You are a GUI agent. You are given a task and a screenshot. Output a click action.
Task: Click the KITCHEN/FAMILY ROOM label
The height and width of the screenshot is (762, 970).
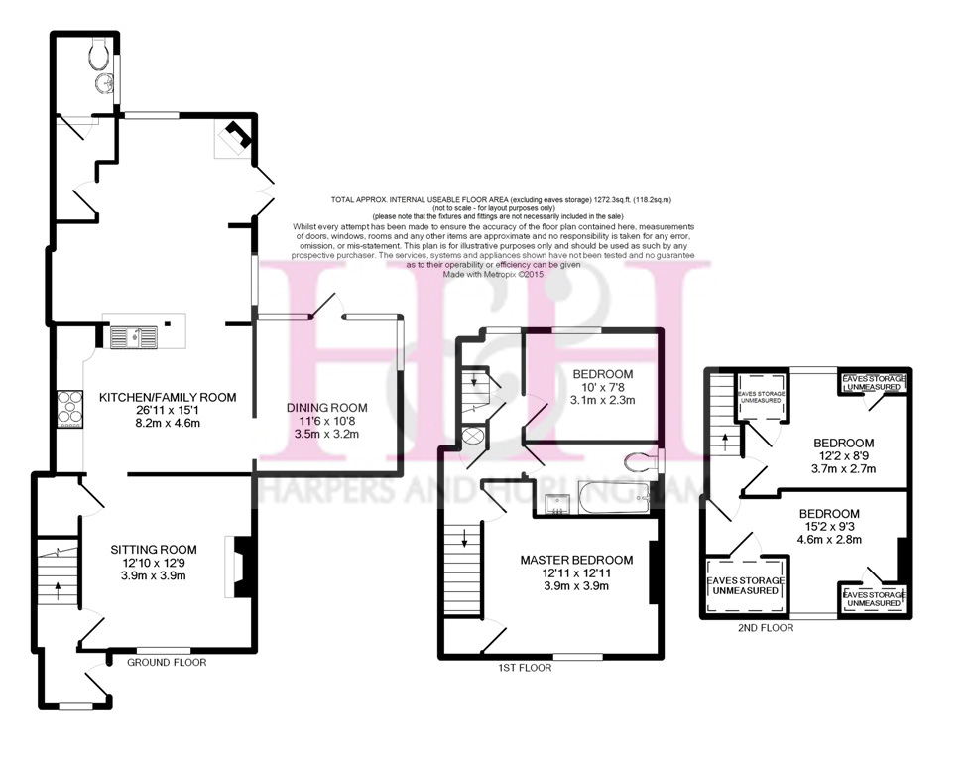[x=168, y=397]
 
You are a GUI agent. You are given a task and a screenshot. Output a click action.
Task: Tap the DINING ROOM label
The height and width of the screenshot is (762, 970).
[x=327, y=407]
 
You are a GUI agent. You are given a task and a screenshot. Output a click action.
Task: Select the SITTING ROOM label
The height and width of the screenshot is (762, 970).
[x=153, y=549]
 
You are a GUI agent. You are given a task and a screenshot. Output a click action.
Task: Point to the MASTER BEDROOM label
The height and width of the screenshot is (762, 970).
[x=576, y=560]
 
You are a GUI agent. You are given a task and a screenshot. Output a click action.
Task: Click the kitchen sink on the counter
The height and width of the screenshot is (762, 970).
[x=134, y=338]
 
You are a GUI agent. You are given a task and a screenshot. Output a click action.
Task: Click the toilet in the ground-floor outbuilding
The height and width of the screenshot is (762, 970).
[x=100, y=52]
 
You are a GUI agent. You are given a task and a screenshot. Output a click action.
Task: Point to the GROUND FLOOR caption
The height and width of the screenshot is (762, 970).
[x=167, y=662]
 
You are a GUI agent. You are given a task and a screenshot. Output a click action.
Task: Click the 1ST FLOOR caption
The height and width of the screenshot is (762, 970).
[x=525, y=669]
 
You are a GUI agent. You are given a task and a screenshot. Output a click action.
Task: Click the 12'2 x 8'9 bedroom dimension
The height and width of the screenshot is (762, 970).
[x=844, y=456]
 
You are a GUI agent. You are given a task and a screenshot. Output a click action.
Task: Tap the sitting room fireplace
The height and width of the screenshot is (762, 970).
[x=241, y=567]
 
